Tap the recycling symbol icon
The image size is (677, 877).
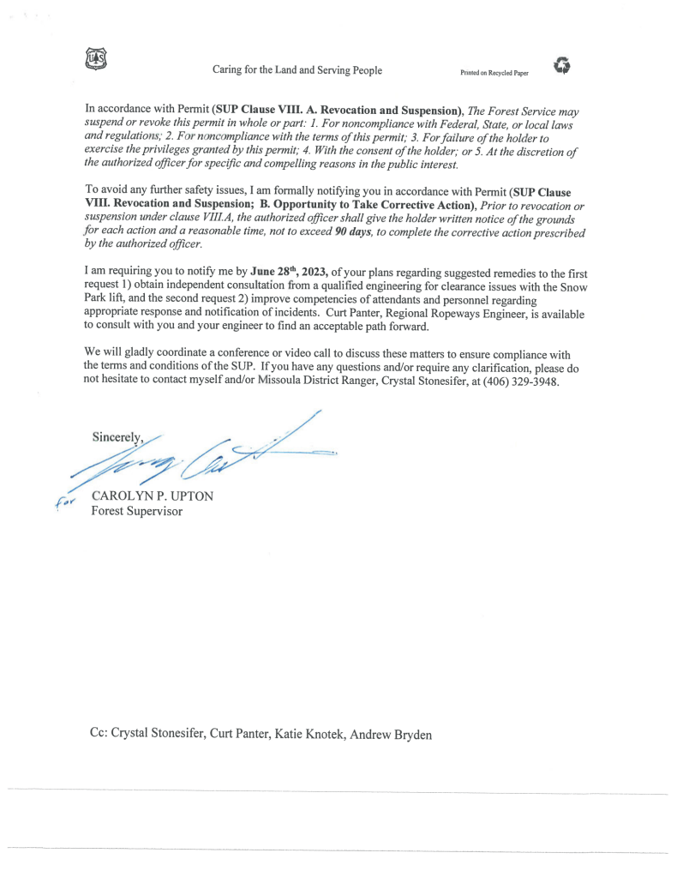pyautogui.click(x=562, y=64)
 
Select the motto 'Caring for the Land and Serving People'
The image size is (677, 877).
pyautogui.click(x=298, y=70)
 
